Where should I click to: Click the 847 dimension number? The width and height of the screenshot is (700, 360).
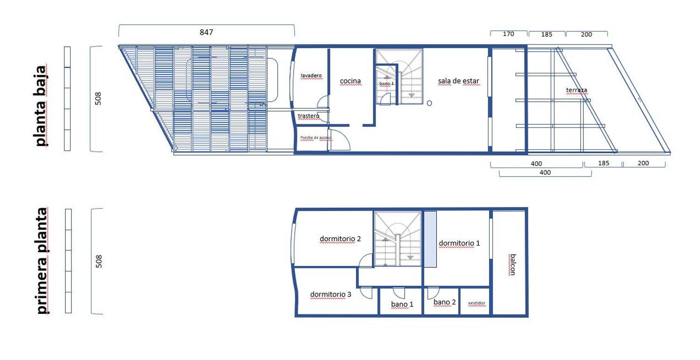(206, 32)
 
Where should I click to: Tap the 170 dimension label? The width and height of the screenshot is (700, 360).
(509, 34)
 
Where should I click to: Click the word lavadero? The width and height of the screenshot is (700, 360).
(311, 75)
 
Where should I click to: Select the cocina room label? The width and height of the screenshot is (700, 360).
(350, 81)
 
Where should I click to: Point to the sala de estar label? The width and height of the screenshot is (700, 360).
(458, 81)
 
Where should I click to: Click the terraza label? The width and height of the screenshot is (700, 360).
(576, 90)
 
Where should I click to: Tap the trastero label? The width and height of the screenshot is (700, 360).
(308, 116)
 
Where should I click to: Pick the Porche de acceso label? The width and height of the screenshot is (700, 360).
(315, 138)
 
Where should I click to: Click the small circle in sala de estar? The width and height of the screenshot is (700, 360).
(429, 103)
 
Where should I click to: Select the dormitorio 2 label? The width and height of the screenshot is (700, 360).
(340, 239)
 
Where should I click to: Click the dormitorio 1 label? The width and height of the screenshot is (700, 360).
(459, 243)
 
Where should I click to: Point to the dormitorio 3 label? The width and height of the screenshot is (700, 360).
(330, 294)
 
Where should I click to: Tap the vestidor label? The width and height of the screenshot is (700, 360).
(476, 303)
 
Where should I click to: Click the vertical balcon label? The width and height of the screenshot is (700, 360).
(512, 265)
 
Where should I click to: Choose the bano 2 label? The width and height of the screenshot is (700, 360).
(444, 302)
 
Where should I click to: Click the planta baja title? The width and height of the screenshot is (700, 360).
(41, 106)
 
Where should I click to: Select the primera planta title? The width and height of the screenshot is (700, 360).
(42, 260)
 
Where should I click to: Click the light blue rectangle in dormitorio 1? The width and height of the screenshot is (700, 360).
(430, 239)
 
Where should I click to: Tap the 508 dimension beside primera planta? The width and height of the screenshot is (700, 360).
(99, 261)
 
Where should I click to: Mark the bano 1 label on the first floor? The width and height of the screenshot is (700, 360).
(402, 304)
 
